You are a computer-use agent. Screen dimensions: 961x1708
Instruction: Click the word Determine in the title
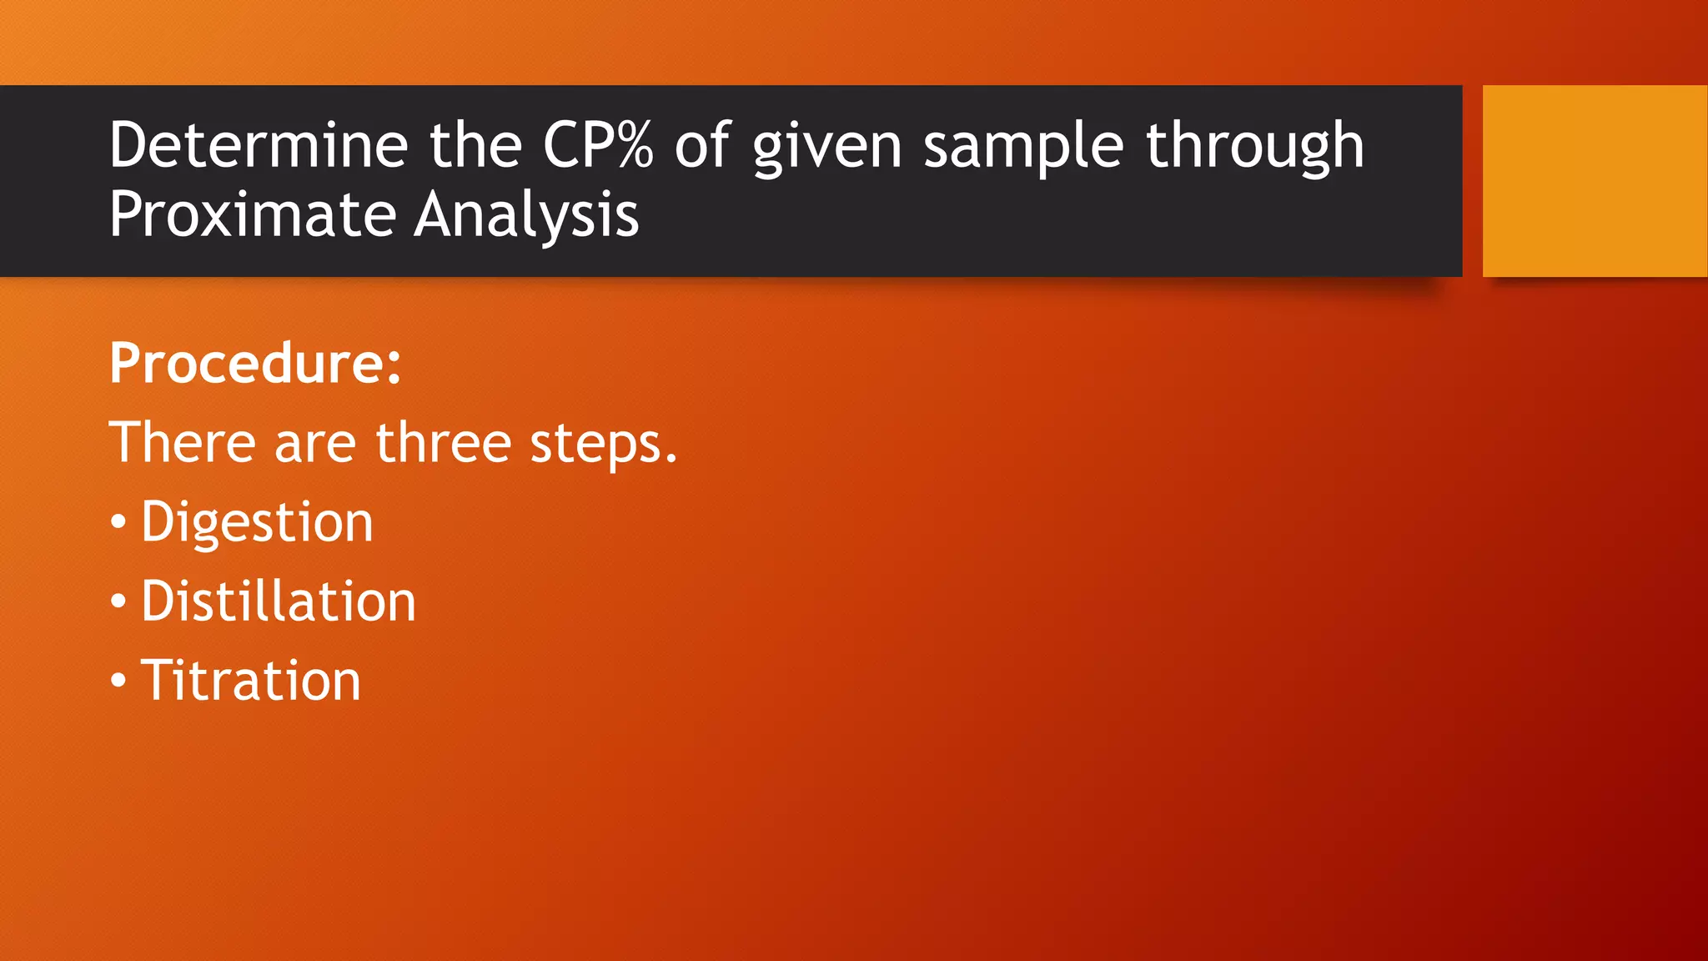click(x=258, y=145)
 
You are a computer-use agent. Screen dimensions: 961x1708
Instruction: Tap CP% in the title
click(x=597, y=145)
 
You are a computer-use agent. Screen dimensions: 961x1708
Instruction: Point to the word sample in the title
click(x=1023, y=147)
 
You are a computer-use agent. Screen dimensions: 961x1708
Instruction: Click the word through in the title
click(x=1255, y=147)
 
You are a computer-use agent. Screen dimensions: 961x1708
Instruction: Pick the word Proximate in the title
click(x=252, y=215)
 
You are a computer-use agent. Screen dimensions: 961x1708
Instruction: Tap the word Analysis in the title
click(x=526, y=215)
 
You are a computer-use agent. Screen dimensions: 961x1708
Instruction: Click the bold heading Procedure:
click(x=255, y=364)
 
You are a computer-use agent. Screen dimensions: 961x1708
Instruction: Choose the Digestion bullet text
click(x=257, y=522)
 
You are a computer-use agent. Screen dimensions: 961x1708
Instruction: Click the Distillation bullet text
click(x=278, y=601)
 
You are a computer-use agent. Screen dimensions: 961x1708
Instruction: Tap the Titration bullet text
click(x=250, y=681)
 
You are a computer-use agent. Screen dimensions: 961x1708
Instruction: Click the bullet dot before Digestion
click(x=118, y=523)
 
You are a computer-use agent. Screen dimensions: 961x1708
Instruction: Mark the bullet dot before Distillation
click(x=118, y=602)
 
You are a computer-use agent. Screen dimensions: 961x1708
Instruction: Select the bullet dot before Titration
click(x=118, y=682)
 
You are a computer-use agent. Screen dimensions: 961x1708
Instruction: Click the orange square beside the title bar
click(x=1595, y=180)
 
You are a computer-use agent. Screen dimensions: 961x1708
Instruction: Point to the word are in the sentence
click(x=314, y=444)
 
